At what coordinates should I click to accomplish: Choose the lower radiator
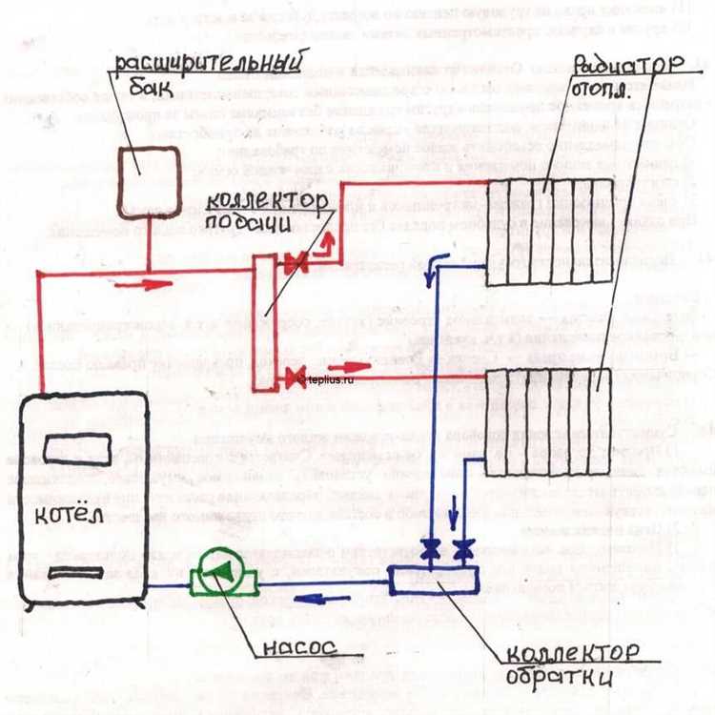[x=547, y=420]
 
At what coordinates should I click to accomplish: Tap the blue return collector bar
[x=435, y=578]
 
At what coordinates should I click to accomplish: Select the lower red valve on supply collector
[x=295, y=378]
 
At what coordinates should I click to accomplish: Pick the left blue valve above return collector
[x=432, y=549]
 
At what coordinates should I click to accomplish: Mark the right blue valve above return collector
[x=463, y=549]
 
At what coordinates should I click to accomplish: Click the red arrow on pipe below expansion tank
[x=147, y=282]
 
